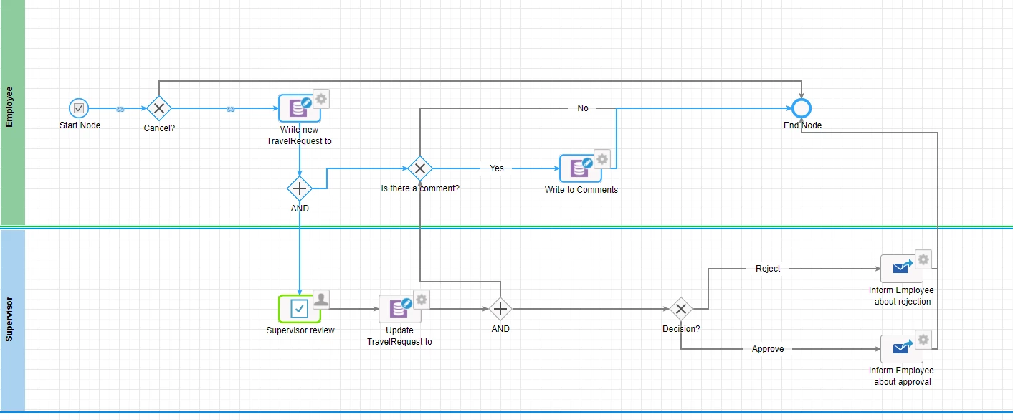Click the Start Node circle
79,108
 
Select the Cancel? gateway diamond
159,108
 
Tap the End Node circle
802,108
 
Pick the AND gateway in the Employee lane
300,188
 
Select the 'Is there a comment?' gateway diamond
420,168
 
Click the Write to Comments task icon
581,168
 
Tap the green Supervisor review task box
300,309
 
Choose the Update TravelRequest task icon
400,309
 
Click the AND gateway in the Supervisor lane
500,309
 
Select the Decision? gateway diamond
681,309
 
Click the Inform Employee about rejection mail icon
902,269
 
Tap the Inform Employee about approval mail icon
902,349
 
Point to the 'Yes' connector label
497,168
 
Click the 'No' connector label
582,108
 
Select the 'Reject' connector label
768,269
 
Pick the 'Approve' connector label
768,349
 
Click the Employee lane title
9,107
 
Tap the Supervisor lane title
9,319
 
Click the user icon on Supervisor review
321,300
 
